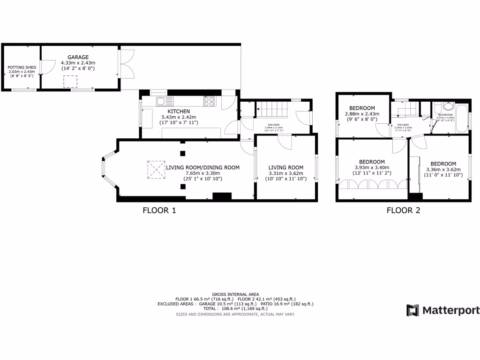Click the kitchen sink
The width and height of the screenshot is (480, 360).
(165, 101)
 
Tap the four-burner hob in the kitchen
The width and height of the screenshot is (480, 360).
(209, 101)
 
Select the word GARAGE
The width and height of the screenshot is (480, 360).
(78, 57)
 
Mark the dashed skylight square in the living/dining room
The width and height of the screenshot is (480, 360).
(156, 169)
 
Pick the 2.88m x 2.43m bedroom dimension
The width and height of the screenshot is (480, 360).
(360, 113)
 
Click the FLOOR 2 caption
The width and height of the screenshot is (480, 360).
(403, 210)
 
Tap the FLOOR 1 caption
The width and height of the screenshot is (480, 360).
(159, 210)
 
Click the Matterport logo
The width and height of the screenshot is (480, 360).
(442, 310)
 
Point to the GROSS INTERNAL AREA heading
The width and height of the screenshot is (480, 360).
(235, 294)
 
